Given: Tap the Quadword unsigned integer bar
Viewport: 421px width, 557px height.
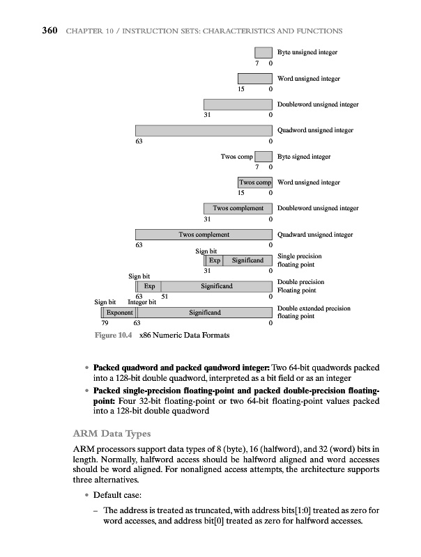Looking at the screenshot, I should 203,130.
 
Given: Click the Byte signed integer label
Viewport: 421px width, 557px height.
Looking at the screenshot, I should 303,157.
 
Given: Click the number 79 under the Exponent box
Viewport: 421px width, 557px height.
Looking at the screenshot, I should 105,323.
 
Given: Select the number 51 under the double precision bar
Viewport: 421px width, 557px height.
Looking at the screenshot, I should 165,296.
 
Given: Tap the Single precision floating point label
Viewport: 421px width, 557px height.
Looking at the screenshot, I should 299,260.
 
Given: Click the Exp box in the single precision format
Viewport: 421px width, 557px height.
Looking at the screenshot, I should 215,260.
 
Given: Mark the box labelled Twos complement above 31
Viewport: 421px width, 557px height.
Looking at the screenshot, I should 238,208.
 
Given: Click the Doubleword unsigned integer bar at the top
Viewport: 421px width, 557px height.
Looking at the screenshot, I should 237,104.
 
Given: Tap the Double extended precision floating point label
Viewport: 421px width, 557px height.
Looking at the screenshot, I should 313,312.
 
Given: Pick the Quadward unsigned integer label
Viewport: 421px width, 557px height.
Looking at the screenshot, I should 315,235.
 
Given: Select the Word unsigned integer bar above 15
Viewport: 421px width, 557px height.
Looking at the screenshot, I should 254,79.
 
